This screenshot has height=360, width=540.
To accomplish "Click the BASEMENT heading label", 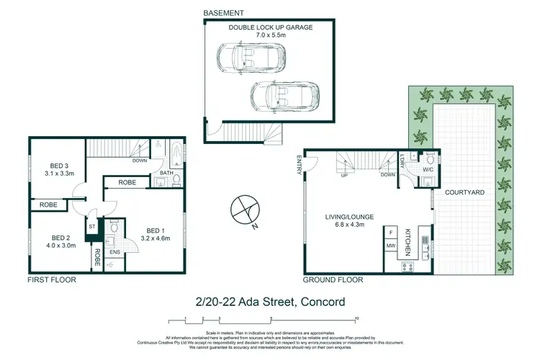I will click(223, 13).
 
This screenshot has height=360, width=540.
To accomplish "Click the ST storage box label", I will click(92, 225).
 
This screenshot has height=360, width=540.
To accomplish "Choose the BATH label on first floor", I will click(165, 173).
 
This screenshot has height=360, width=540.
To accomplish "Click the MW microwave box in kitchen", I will click(391, 247).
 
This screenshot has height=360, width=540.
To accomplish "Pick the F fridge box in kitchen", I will click(391, 233).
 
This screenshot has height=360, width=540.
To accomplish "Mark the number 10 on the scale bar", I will click(356, 318).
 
